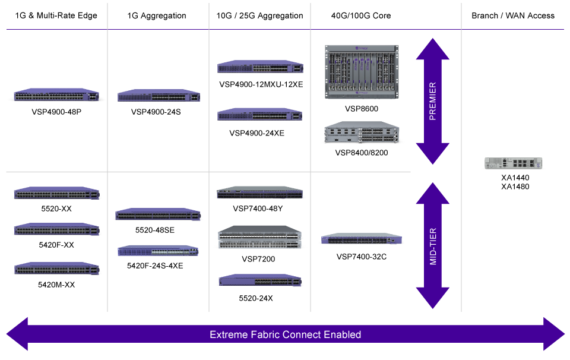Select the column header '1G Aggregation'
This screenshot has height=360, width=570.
[x=157, y=15]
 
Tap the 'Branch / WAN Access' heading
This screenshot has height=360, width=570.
[x=513, y=15]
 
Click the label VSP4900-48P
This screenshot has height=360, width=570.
[x=56, y=111]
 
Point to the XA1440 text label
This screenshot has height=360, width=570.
[x=515, y=177]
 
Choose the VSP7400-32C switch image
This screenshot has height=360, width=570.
[x=361, y=239]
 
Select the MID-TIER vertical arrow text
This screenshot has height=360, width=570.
[x=432, y=245]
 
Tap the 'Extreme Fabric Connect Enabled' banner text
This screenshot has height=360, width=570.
[x=285, y=334]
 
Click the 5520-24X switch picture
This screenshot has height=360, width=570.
[x=259, y=280]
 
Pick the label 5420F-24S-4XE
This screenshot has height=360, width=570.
[x=155, y=266]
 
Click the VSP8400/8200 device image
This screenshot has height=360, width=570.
[x=361, y=133]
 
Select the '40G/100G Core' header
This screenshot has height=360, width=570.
[x=361, y=15]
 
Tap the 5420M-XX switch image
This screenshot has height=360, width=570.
[x=56, y=269]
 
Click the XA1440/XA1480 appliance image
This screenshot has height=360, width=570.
[x=514, y=163]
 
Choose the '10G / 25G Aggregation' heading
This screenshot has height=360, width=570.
[x=259, y=15]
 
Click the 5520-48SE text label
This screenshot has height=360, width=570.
[x=155, y=230]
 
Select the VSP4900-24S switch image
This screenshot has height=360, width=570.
[x=157, y=96]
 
